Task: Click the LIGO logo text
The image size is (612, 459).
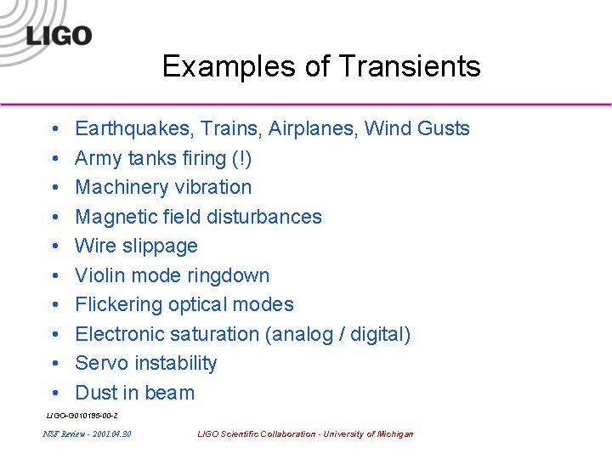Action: (59, 36)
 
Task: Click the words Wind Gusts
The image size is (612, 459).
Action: (416, 129)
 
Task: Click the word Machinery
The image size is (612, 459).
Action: (122, 187)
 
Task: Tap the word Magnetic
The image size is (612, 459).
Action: (115, 217)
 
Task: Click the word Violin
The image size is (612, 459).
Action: (99, 275)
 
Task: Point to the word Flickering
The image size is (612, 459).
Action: (122, 304)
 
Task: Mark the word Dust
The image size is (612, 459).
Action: (94, 393)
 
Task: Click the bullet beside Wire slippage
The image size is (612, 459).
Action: (54, 246)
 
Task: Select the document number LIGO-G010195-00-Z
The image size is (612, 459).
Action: (82, 415)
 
